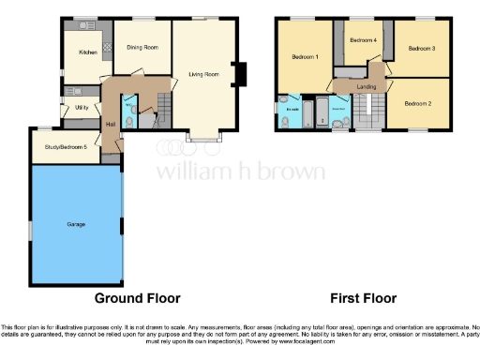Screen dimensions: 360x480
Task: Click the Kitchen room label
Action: tap(88, 52)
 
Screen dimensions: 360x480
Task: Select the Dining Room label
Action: tap(142, 47)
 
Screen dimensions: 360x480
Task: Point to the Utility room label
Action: tap(82, 108)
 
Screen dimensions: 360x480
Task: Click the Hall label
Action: tap(111, 123)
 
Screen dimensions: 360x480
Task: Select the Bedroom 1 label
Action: tap(305, 57)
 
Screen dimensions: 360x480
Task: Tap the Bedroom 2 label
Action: tap(417, 104)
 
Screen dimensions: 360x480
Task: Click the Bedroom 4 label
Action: tap(363, 40)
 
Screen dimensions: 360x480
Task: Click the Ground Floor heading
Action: tap(137, 298)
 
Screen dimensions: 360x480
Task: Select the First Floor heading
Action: tap(362, 298)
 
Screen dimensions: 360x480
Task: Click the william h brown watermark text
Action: tap(240, 172)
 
